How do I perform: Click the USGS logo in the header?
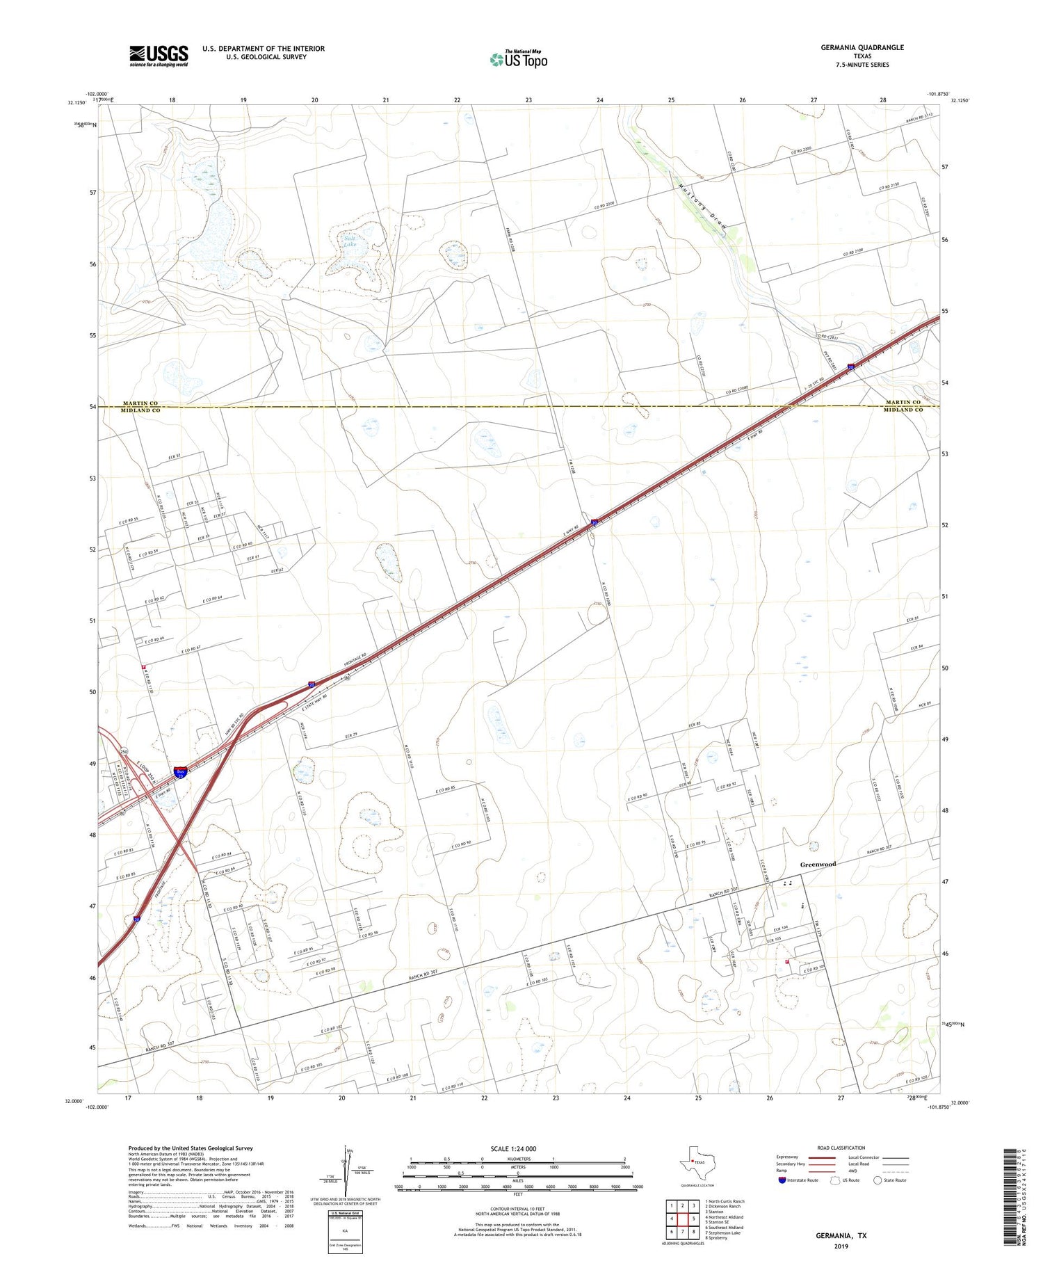[159, 56]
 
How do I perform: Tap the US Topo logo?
[519, 60]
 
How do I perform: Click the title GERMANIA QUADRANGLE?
[862, 47]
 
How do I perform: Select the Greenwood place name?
[817, 864]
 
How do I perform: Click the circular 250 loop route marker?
[124, 753]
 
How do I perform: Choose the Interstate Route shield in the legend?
[782, 1180]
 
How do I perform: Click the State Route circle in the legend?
[878, 1180]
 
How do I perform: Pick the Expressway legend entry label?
[788, 1157]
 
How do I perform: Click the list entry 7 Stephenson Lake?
[724, 1232]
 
